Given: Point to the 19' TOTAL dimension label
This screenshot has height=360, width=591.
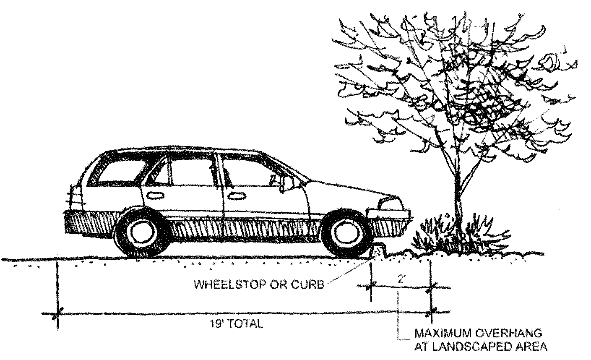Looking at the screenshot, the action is pyautogui.click(x=237, y=324).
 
